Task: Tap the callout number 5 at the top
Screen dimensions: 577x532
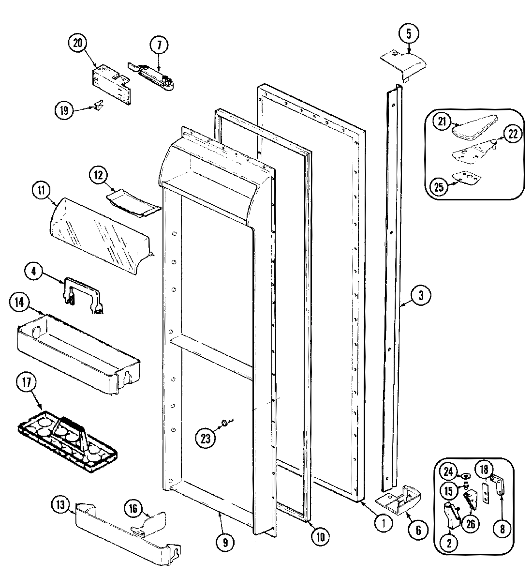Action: [409, 33]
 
